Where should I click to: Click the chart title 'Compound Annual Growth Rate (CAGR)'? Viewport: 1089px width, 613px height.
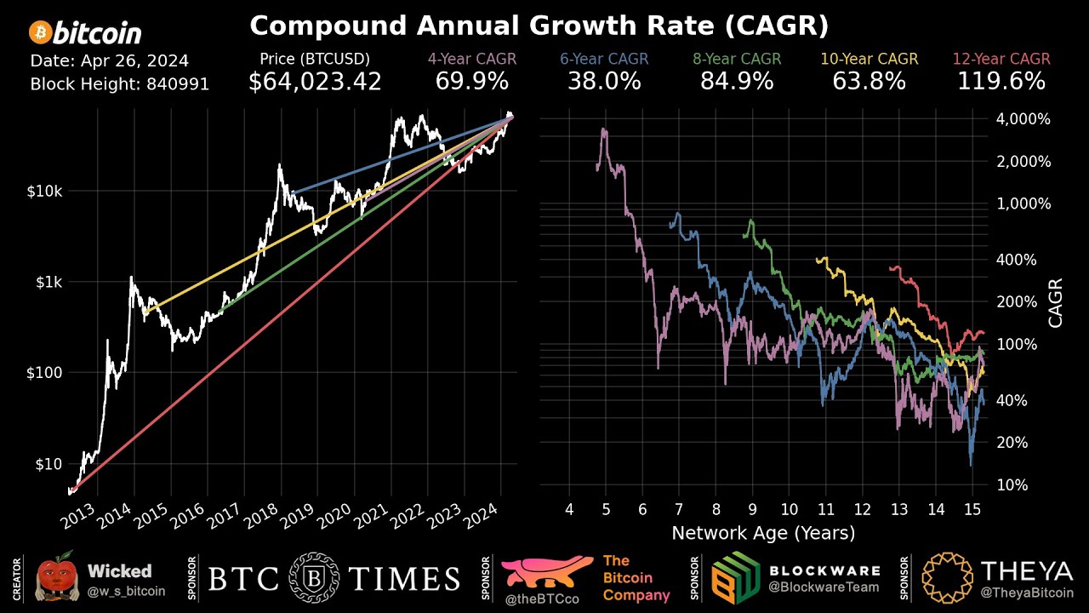click(539, 26)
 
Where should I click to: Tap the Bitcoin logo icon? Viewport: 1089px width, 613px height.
click(39, 33)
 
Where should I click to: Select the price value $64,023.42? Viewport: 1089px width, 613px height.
click(315, 82)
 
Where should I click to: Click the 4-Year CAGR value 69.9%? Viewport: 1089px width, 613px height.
click(471, 82)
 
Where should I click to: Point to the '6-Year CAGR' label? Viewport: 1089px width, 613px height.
click(604, 59)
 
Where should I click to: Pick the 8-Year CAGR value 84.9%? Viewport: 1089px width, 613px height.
click(737, 82)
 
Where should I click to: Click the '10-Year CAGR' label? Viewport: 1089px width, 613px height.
click(869, 59)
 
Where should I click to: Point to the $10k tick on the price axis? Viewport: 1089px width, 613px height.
click(44, 191)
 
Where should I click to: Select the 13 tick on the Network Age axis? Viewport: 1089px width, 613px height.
click(899, 509)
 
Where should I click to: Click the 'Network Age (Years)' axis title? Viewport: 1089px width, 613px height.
click(763, 534)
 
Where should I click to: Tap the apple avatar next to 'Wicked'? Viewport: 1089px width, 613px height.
click(56, 578)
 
